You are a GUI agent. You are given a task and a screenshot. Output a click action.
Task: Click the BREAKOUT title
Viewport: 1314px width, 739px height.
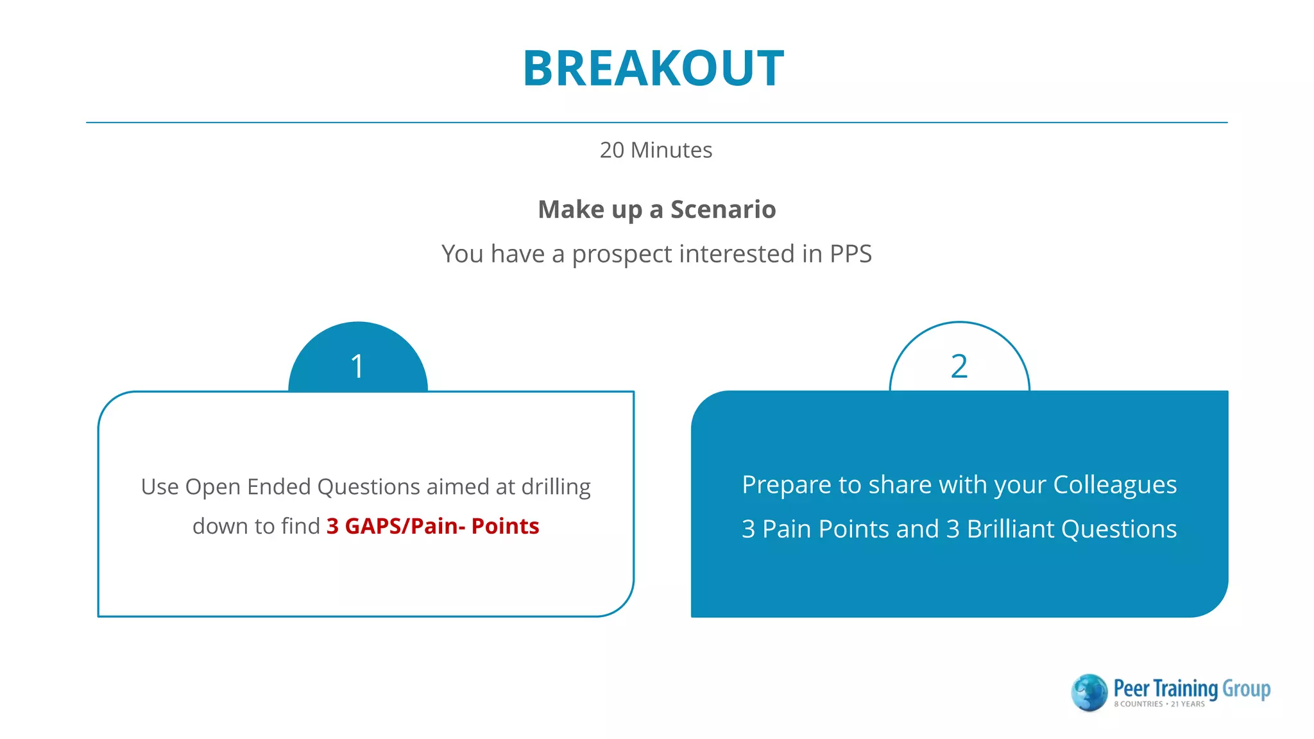click(x=653, y=69)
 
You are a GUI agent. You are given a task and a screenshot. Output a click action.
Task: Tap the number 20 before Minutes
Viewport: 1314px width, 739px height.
click(x=611, y=150)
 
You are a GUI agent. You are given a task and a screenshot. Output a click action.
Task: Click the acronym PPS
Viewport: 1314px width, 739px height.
click(x=850, y=254)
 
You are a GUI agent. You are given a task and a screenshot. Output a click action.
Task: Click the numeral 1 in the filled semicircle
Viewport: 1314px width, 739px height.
click(x=357, y=367)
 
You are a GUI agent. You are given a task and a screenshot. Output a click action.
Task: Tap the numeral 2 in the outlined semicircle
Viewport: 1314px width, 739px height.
click(x=959, y=367)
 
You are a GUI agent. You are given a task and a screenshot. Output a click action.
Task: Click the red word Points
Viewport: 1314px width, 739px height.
click(x=505, y=526)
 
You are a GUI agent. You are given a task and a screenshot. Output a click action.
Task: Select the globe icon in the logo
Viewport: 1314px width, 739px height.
click(x=1089, y=692)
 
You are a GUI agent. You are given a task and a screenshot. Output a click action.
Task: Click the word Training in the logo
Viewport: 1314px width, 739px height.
click(x=1186, y=688)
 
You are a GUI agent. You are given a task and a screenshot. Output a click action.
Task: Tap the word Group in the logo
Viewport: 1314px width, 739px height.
click(x=1246, y=688)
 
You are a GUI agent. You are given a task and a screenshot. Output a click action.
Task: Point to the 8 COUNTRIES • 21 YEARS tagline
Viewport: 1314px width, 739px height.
click(x=1159, y=704)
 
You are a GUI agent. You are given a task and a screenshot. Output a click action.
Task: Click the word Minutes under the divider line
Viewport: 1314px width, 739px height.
click(x=671, y=150)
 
